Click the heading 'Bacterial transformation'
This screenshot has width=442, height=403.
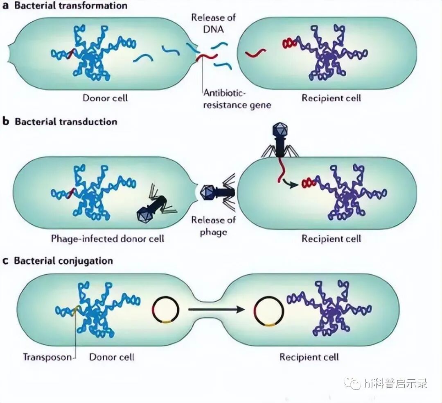71,5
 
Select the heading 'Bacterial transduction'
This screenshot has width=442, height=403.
66,122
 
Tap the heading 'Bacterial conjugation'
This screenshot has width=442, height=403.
63,261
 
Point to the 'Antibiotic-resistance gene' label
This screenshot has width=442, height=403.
237,100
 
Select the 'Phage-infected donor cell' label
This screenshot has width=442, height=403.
107,238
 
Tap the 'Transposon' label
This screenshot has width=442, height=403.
47,356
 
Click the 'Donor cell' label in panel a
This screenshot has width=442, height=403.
105,98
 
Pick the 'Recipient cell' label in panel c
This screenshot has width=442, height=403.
309,357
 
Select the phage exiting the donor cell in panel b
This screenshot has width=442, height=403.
215,192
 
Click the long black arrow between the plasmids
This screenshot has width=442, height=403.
214,310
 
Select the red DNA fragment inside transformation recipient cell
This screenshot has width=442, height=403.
255,53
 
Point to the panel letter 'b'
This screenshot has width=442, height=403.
6,122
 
